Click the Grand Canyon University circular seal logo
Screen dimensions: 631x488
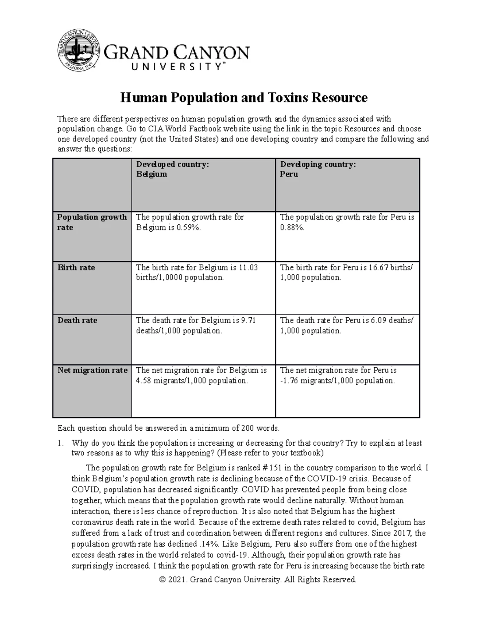coord(79,50)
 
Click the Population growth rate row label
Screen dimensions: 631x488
coord(92,222)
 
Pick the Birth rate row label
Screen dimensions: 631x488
coord(76,267)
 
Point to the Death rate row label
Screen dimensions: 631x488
coord(77,320)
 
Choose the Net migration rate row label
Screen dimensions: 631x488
coord(92,370)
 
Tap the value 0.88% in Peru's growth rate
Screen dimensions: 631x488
coord(292,228)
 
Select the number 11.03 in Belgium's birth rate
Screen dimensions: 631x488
coord(248,267)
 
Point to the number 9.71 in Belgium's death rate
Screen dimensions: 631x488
coord(248,320)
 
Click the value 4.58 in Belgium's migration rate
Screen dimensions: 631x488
coord(144,381)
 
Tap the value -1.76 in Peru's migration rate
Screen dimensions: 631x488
coord(290,381)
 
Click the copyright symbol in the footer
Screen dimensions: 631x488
coord(163,580)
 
